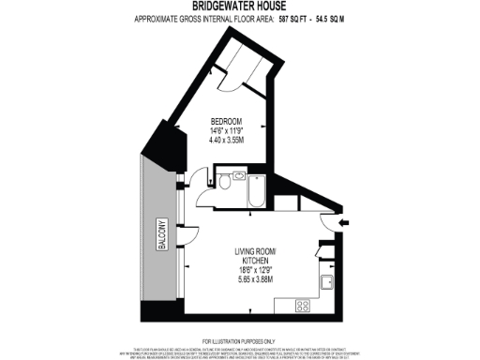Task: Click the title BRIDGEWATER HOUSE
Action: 239,7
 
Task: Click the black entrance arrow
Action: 343,222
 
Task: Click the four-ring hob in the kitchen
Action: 304,306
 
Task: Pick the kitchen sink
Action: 327,282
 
